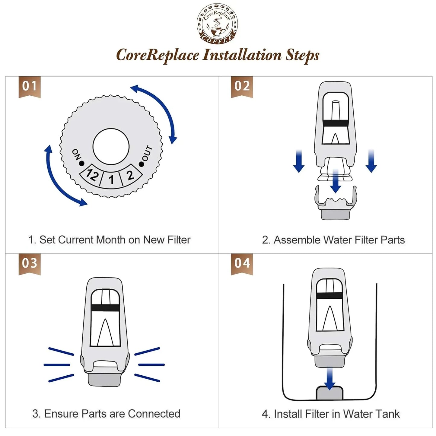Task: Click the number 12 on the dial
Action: [x=92, y=174]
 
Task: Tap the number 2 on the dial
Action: [x=130, y=175]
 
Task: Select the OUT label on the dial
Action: [x=147, y=153]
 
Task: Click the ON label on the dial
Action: [x=76, y=154]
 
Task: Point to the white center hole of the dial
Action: [x=111, y=147]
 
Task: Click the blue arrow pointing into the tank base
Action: [x=329, y=378]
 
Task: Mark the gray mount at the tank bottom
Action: [x=329, y=394]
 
